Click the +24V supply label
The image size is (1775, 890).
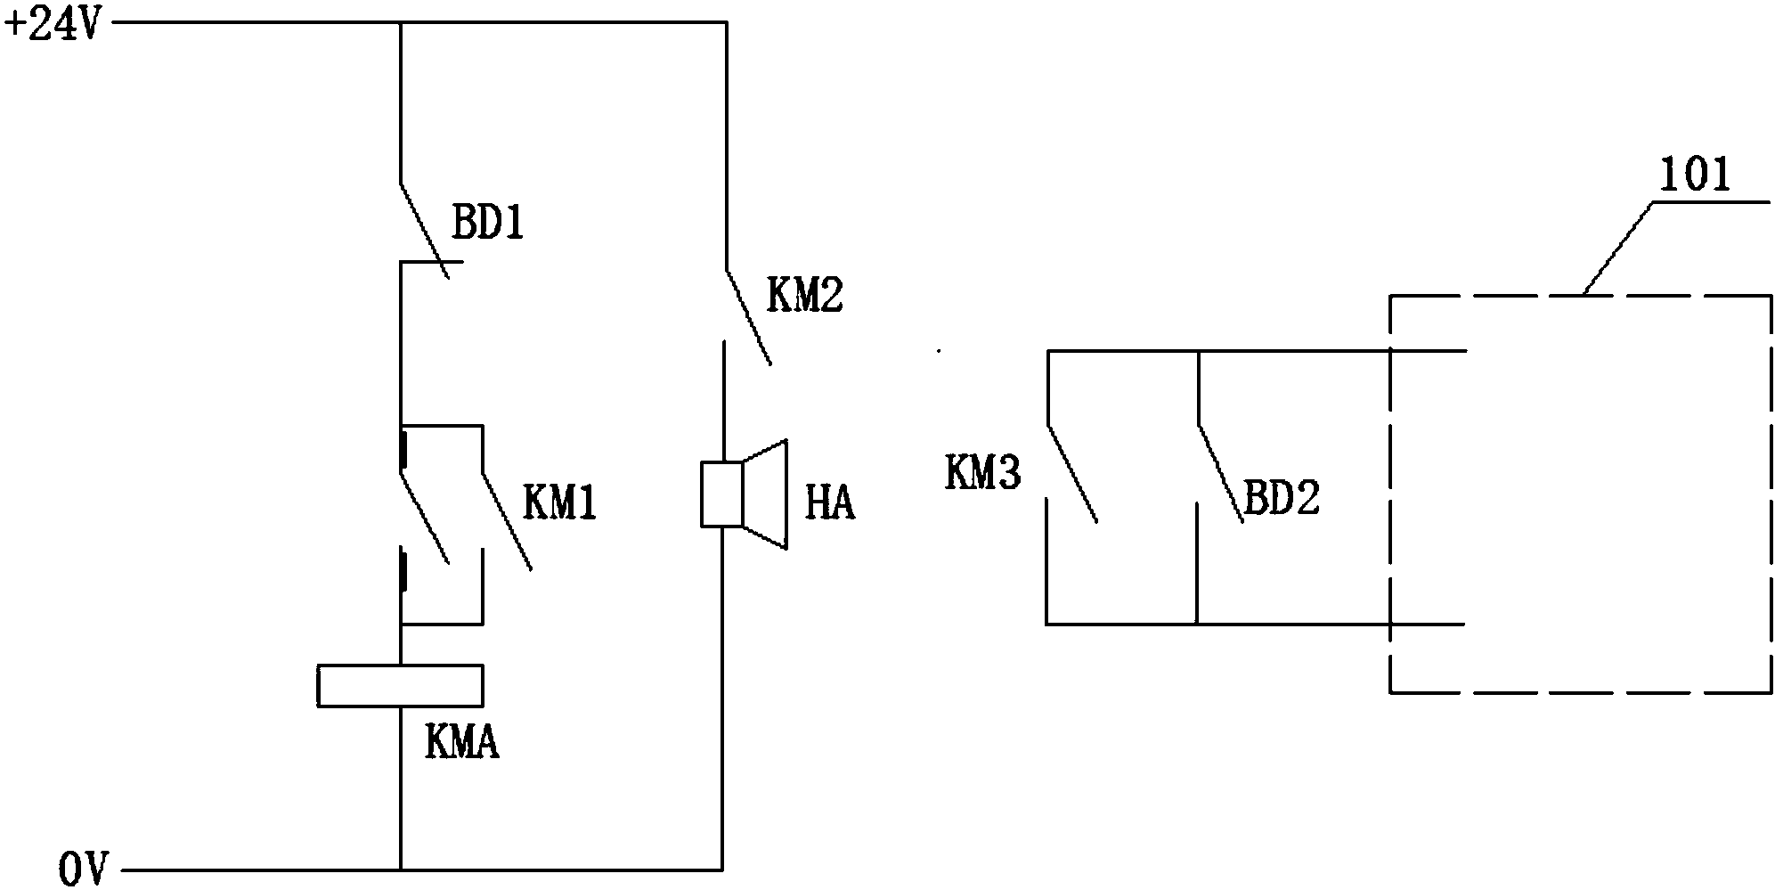[x=53, y=24]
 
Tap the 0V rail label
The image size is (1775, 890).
[x=84, y=868]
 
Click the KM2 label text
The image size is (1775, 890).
[x=804, y=295]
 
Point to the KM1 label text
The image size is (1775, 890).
[x=558, y=503]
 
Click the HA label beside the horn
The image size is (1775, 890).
[x=830, y=504]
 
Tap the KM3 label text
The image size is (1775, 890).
[x=983, y=475]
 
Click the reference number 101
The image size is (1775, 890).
[x=1693, y=176]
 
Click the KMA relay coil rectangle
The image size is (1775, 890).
[x=400, y=686]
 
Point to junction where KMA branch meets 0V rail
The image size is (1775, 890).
[x=401, y=868]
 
